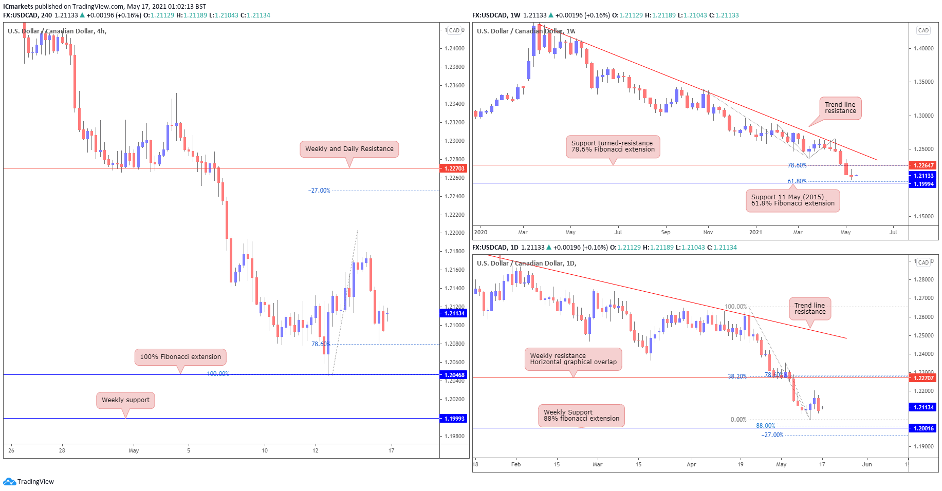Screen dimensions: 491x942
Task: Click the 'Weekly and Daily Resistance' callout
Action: point(349,149)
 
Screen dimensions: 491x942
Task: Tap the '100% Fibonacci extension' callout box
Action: point(180,357)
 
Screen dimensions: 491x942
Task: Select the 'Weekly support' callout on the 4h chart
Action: point(125,400)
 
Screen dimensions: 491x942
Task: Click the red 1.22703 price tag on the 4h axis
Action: point(454,168)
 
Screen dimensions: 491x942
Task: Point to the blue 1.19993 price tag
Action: point(454,419)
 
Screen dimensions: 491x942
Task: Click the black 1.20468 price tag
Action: point(454,375)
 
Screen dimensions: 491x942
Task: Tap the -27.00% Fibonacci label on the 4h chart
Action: point(319,191)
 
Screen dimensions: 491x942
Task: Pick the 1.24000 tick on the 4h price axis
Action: point(454,48)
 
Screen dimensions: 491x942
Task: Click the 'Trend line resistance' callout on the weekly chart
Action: point(840,108)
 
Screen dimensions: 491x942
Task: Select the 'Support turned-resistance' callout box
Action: point(613,146)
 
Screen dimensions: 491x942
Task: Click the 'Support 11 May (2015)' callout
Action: point(792,200)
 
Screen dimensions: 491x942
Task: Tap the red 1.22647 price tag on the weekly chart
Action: point(923,165)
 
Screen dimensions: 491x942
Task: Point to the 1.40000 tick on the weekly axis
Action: point(923,48)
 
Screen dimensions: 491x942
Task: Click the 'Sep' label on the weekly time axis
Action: point(666,232)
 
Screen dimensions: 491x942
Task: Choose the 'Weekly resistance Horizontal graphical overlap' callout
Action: point(573,359)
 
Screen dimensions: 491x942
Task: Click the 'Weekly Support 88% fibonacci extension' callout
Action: point(581,416)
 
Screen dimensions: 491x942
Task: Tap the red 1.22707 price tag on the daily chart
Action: point(923,378)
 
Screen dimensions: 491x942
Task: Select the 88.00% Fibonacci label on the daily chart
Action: point(765,426)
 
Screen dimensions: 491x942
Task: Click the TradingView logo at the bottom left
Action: point(29,482)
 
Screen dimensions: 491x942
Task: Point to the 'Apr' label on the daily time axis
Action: point(691,464)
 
